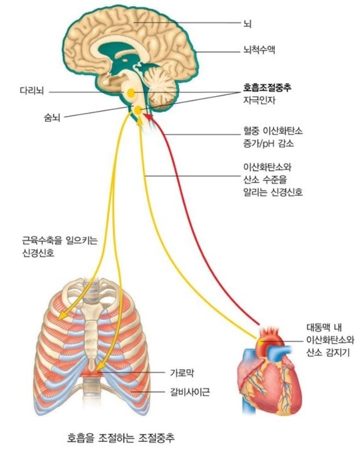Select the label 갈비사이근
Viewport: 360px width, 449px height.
pos(190,392)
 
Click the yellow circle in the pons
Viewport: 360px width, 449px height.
pos(130,93)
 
